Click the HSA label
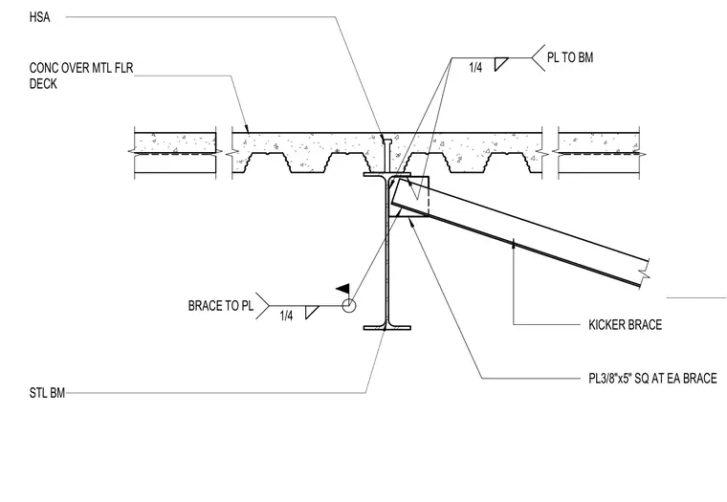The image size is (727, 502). coord(39,17)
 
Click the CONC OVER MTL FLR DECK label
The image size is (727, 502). coord(81,76)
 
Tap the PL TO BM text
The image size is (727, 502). coord(570,57)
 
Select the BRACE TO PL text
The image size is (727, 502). coord(221,306)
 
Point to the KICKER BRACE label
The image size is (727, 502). coord(625,324)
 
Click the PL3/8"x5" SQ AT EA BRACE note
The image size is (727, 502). coord(652,379)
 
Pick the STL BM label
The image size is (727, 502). coord(47,393)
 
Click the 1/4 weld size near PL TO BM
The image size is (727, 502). coord(475,68)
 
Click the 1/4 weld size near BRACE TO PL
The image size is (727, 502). coord(287,316)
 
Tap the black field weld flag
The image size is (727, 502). coord(343,289)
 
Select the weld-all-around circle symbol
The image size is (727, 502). coord(349,306)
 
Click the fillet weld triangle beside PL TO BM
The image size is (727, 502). coord(499,64)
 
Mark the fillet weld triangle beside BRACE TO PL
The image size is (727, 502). coord(311,312)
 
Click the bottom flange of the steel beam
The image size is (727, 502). coord(387,328)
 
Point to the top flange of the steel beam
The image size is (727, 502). coord(387,175)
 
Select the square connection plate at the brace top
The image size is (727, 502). coord(409,196)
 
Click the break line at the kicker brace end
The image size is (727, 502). coord(645,273)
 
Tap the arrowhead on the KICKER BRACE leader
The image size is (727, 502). coord(514,243)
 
